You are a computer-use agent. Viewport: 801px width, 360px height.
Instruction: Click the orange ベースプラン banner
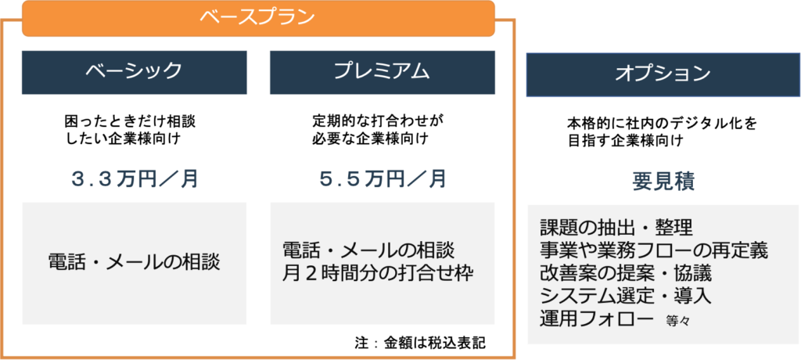(258, 19)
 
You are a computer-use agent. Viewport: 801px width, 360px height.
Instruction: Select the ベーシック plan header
(135, 72)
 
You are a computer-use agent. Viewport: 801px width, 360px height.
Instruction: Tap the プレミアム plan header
(382, 72)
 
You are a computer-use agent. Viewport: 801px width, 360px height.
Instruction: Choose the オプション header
(663, 74)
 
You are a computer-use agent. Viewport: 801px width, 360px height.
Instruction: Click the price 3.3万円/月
(135, 179)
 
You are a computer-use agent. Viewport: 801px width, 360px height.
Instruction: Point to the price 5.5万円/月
(383, 179)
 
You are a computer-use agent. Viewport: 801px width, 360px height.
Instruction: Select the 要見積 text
(663, 182)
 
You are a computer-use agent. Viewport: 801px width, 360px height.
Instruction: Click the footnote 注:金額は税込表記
(419, 343)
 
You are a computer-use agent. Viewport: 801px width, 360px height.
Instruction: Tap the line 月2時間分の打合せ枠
(378, 273)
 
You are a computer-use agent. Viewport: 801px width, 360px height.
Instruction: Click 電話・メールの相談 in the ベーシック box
(135, 262)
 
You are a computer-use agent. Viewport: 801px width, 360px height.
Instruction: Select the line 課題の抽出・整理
(616, 226)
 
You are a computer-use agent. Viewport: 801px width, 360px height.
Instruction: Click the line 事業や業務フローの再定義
(655, 250)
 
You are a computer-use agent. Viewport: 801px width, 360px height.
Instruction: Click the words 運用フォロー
(597, 319)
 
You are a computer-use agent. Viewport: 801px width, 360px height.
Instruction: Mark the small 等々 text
(678, 322)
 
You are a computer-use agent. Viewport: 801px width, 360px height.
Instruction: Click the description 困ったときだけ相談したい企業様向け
(131, 130)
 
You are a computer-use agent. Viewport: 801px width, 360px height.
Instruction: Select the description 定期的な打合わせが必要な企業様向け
(378, 130)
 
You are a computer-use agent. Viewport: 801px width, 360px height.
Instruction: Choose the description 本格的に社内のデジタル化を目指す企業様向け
(662, 132)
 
